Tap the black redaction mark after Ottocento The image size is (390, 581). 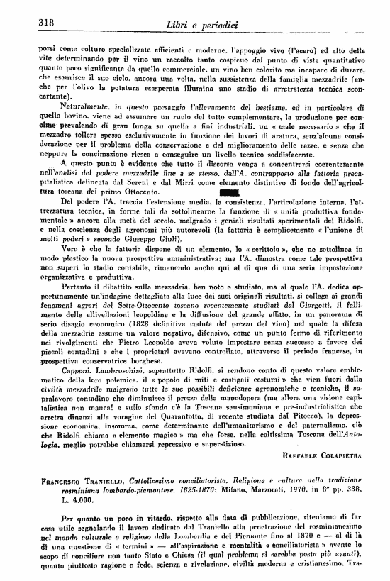coord(230,172)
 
